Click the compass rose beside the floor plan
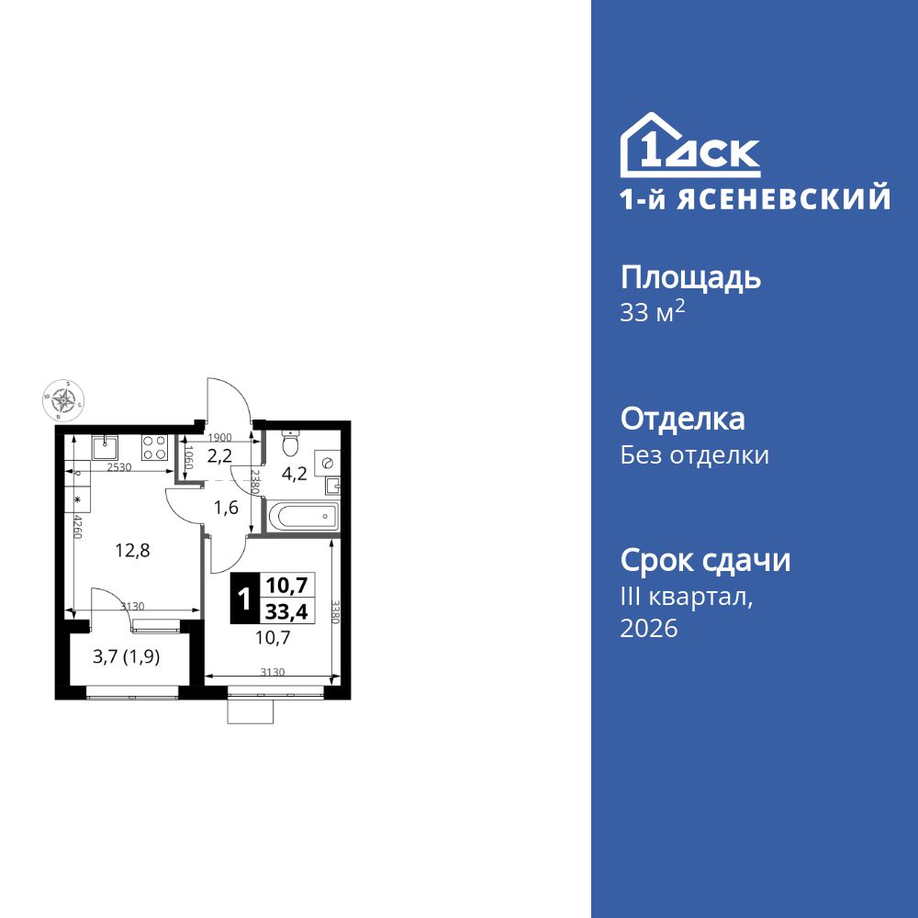pos(64,399)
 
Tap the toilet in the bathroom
pos(291,444)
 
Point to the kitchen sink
pos(104,447)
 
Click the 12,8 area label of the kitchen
pos(132,551)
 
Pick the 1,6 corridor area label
pos(226,507)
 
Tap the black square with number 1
pos(243,598)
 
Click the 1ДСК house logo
pos(689,147)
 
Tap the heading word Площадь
pos(690,277)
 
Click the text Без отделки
pos(695,455)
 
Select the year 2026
pos(649,629)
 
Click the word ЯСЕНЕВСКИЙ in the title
pos(789,199)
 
